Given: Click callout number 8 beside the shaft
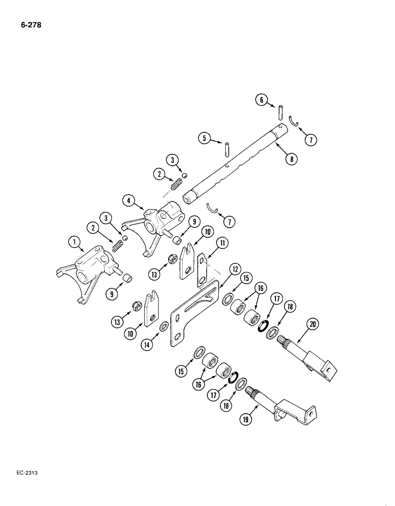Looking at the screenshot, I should click(x=290, y=158).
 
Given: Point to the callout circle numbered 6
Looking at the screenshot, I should click(x=261, y=101).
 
